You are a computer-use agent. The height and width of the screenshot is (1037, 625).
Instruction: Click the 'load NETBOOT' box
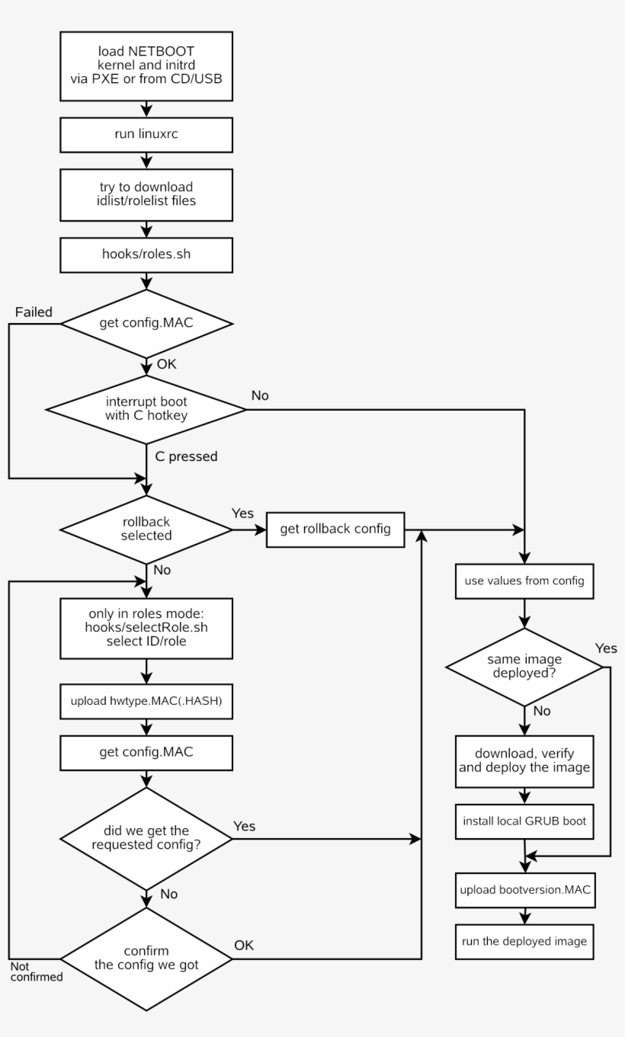(146, 66)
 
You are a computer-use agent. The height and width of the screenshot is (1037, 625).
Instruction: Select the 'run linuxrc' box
(146, 135)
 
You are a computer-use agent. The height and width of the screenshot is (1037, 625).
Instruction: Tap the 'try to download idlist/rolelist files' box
(146, 194)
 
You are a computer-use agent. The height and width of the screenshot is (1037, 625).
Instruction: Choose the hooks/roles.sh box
(146, 254)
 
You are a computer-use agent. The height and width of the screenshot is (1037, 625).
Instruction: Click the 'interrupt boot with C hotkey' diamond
(146, 409)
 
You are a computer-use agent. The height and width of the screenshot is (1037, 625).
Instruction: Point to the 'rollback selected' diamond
(146, 530)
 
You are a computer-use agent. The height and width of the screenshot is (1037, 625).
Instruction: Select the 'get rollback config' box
(335, 530)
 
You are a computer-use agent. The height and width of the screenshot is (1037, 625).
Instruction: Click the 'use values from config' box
(524, 581)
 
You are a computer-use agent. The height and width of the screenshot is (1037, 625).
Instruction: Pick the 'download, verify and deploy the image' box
(524, 760)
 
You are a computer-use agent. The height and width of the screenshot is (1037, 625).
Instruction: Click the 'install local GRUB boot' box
(524, 821)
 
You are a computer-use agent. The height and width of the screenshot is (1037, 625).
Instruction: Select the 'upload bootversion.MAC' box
(524, 889)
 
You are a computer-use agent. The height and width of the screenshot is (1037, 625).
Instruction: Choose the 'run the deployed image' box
(524, 941)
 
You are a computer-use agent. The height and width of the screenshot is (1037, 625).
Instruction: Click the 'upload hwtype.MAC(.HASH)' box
(146, 701)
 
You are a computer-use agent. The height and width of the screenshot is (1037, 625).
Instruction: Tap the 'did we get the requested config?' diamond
(146, 838)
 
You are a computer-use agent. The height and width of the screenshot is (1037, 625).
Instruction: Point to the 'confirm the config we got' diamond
(146, 959)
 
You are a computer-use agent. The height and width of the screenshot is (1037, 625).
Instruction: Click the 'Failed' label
(34, 312)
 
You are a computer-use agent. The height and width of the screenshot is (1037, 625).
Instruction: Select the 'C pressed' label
(186, 457)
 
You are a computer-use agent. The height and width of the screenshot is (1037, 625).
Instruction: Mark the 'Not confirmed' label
(36, 971)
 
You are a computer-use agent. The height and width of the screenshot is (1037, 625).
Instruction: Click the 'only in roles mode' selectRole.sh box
(146, 629)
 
